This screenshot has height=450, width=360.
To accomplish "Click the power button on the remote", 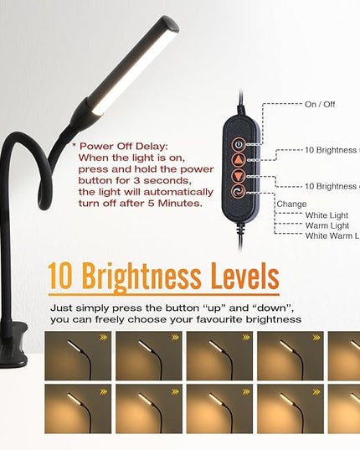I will click(239, 143).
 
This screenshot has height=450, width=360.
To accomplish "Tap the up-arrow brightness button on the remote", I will click(239, 159).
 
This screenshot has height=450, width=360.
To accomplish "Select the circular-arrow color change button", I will click(239, 191).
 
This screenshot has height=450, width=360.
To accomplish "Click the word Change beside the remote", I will click(291, 204).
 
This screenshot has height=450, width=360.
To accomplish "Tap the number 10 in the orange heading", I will click(62, 276).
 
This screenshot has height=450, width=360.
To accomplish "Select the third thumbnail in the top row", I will click(220, 354).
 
